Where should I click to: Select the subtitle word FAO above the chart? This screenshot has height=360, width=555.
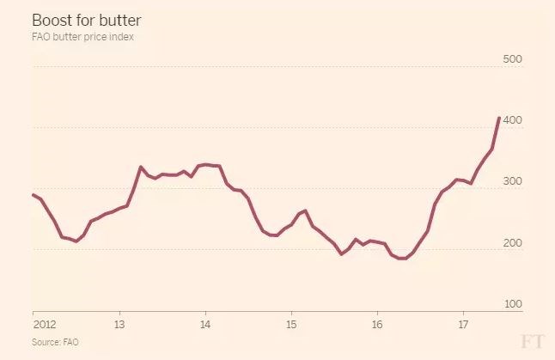pos(43,37)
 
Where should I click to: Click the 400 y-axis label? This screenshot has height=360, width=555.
pos(513,120)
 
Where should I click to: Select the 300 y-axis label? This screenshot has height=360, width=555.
pos(513,182)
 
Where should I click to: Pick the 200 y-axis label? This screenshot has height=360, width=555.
pos(513,243)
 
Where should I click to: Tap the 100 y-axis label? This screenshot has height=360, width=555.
pos(513,304)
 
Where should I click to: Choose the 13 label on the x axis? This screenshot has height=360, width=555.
pos(119,326)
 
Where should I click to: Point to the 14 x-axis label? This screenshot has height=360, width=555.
pos(205,326)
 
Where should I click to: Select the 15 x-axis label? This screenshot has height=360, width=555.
pos(291,326)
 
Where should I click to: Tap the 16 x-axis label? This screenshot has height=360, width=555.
pos(377,326)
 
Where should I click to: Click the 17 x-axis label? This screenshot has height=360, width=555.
pos(463,326)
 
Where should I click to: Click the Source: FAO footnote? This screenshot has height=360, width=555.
pos(53,342)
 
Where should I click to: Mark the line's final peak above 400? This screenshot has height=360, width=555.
pos(499,119)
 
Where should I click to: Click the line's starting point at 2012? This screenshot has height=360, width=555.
pos(33,194)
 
